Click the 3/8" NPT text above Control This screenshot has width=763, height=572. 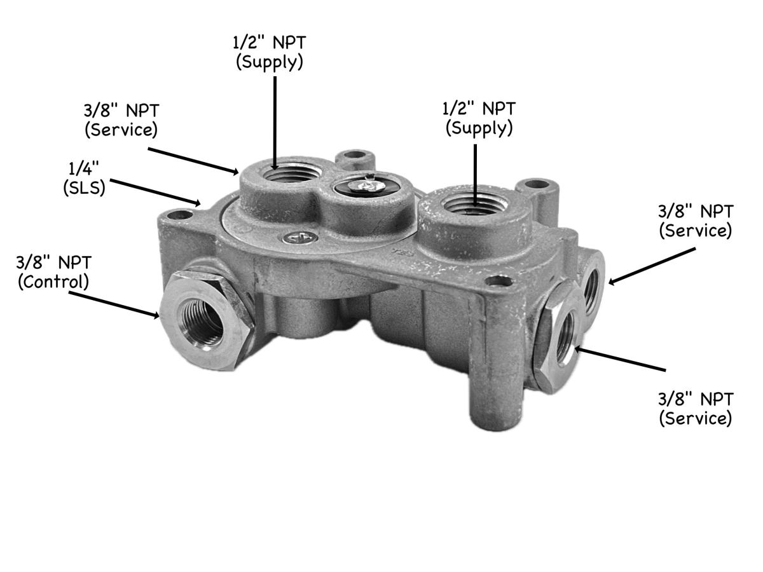[54, 261]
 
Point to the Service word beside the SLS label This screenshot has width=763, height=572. [121, 129]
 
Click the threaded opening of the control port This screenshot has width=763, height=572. [202, 320]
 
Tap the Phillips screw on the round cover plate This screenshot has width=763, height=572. [299, 238]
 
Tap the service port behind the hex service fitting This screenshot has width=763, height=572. [593, 286]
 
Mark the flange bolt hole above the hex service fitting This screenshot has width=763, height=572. [499, 280]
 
